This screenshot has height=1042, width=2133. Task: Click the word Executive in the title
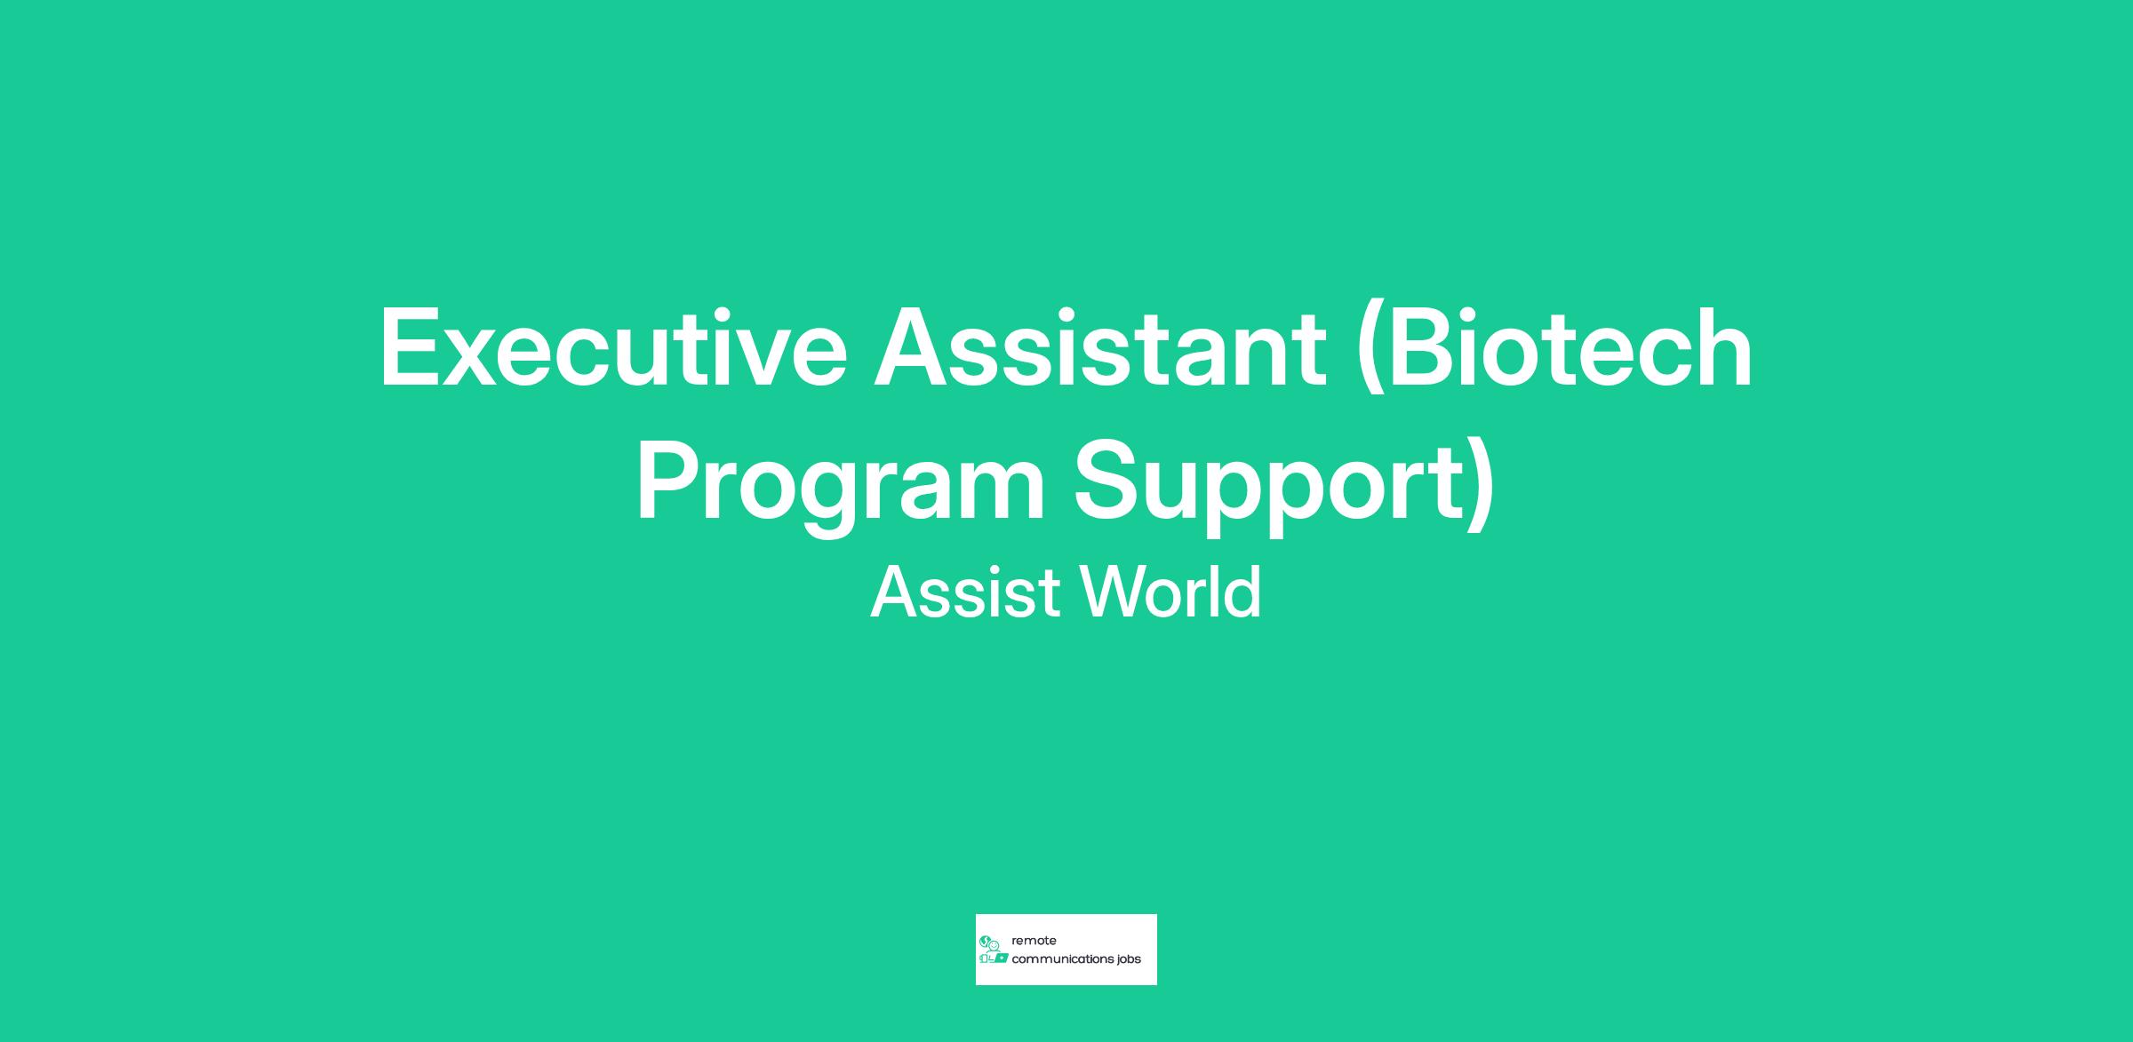613,347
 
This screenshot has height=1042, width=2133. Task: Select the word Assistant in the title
1100,347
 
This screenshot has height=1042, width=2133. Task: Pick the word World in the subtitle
1170,592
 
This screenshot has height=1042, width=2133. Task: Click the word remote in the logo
1034,941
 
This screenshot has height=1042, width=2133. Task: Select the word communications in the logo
1064,959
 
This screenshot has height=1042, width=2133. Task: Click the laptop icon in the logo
1001,958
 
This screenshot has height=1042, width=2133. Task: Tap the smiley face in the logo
995,945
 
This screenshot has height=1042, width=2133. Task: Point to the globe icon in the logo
984,941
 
